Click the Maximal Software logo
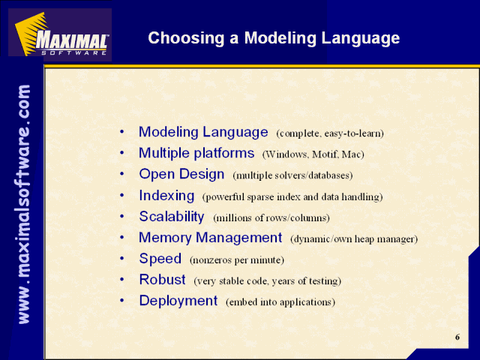tap(60, 34)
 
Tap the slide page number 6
tap(457, 337)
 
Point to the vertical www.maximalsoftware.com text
tap(23, 204)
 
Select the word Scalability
tap(172, 217)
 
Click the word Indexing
tap(166, 196)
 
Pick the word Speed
tap(160, 259)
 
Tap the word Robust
tap(162, 280)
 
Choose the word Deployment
tap(178, 301)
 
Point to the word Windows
tap(286, 154)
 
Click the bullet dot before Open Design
tap(122, 174)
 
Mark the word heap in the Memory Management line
tap(364, 239)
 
